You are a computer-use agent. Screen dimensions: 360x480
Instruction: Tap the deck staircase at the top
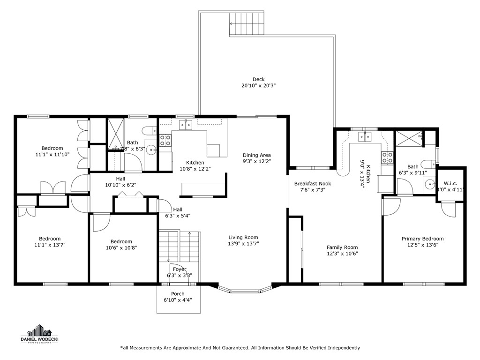pos(247,24)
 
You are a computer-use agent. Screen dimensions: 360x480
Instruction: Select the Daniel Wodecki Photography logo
pos(43,334)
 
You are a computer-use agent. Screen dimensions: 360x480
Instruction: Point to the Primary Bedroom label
pos(422,239)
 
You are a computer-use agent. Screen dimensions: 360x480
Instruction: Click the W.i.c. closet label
pos(450,183)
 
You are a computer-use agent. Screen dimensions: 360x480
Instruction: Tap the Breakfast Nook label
pos(312,184)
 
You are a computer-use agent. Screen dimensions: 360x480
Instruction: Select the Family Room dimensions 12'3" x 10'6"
pos(342,254)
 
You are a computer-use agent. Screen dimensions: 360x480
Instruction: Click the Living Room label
pos(243,237)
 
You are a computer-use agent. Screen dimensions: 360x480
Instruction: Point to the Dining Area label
pos(256,155)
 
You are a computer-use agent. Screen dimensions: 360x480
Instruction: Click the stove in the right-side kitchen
pos(387,158)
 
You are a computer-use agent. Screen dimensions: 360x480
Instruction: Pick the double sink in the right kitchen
pos(365,136)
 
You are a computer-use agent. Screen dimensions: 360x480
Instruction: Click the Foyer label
pos(180,270)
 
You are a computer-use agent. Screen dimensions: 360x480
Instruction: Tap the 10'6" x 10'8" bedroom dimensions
pos(121,248)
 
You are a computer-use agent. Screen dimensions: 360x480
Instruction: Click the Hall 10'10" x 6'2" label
pos(121,182)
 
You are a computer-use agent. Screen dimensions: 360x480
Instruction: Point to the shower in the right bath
pos(408,139)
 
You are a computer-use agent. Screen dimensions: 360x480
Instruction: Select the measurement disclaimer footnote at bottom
pos(240,348)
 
